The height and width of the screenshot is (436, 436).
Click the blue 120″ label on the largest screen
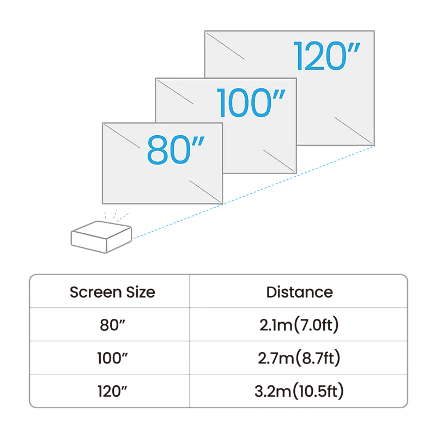[326, 56]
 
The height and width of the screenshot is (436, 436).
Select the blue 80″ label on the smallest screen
[175, 149]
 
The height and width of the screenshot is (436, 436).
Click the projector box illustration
[101, 237]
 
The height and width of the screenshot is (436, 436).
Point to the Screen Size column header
[112, 292]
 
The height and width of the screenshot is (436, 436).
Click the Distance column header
[299, 292]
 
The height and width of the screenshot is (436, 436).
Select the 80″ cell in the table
[112, 324]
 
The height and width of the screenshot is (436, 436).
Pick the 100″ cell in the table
[112, 358]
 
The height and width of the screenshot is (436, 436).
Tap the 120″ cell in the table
[112, 391]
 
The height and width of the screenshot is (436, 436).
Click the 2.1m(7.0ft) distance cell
[299, 324]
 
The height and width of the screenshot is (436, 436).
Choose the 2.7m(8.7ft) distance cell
[299, 358]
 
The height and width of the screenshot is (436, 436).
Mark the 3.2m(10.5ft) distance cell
[299, 391]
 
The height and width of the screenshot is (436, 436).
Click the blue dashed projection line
[254, 192]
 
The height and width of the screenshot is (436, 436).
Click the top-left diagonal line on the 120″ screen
[225, 46]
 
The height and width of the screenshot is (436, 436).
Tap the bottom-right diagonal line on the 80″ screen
[205, 191]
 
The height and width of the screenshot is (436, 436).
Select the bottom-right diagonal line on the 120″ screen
[353, 130]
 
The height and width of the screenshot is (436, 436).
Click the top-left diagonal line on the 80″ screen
[122, 136]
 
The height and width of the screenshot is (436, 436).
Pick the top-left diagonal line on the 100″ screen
[175, 92]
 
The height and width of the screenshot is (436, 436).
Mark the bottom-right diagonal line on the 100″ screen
[279, 161]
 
